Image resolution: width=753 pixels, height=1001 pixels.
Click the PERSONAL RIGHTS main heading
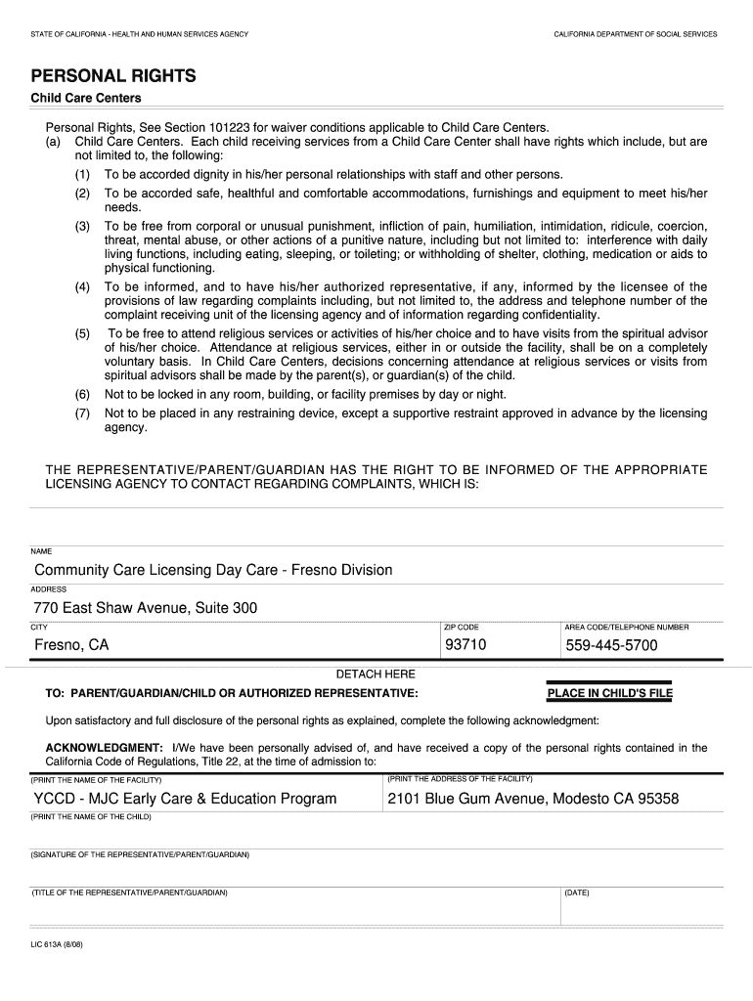pos(113,76)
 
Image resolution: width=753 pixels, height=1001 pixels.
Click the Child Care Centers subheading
pos(86,99)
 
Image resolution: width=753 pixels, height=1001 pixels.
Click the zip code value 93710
pos(465,645)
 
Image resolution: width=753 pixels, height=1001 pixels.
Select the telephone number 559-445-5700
pos(611,645)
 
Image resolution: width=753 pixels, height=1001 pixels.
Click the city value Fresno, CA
pos(71,645)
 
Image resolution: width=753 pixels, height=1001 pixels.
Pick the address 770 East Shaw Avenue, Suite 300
pos(146,608)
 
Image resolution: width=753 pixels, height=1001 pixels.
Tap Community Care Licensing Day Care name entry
pos(213,570)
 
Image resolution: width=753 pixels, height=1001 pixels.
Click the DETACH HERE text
pos(376,675)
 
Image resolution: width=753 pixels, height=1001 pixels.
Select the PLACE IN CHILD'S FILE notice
pos(610,694)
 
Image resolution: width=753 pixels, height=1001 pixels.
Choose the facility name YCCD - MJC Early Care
pos(185,799)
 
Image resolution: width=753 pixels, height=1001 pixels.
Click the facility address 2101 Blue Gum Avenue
pos(532,799)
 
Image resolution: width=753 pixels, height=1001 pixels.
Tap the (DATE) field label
pos(577,892)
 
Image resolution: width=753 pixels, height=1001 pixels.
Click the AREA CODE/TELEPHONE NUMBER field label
pos(626,627)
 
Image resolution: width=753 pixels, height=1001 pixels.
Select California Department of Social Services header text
pos(635,34)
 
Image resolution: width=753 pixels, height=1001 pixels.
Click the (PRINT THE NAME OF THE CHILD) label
pos(91,816)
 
